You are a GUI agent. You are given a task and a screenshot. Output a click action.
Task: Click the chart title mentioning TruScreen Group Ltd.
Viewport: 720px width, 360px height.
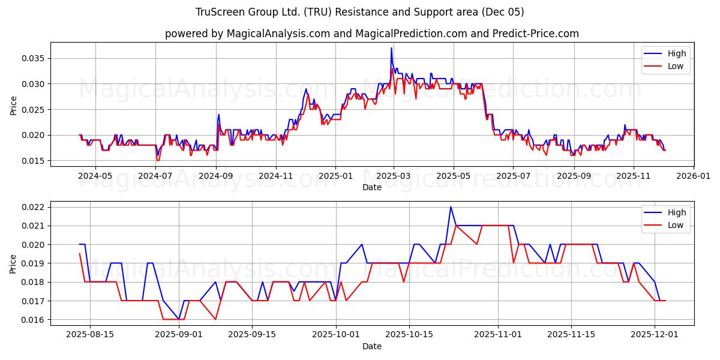coord(359,12)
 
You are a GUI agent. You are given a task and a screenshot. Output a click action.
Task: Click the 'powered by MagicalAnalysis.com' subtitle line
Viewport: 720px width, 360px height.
coord(371,34)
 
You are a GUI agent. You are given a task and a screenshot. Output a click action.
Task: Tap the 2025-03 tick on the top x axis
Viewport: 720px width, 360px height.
coord(394,176)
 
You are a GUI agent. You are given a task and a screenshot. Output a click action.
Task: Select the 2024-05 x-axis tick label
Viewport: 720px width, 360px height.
coord(95,176)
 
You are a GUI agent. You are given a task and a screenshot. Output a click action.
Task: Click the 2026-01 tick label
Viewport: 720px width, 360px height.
coord(693,176)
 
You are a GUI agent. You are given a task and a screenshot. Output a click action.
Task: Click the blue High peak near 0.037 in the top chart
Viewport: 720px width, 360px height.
coord(391,48)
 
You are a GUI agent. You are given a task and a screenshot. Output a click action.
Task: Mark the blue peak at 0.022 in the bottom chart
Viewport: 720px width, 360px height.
coord(451,207)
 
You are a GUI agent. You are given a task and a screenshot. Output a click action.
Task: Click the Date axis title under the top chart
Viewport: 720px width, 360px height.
coord(371,187)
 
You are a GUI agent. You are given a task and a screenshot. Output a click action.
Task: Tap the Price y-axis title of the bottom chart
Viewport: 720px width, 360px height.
coord(14,263)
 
